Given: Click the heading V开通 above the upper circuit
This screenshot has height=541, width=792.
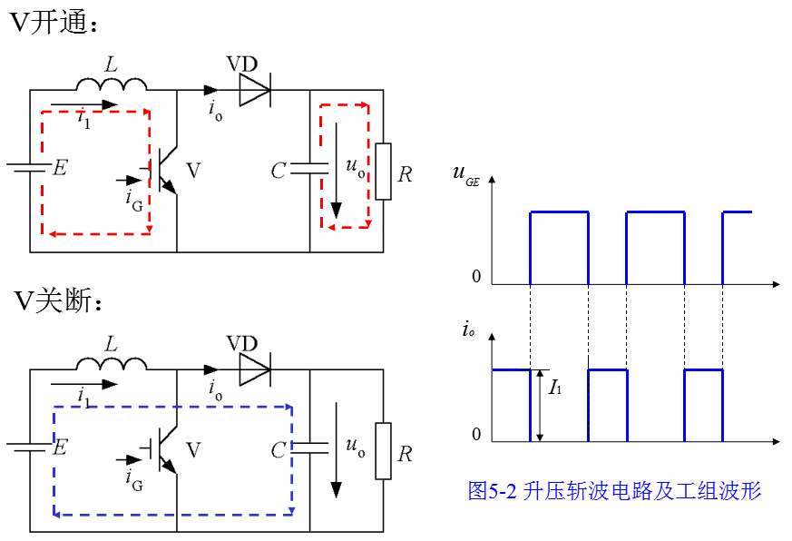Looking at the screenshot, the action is pos(54,23).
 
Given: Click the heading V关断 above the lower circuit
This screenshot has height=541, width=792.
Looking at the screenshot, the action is pos(58,300).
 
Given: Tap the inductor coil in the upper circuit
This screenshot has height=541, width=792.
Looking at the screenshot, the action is pos(112,84).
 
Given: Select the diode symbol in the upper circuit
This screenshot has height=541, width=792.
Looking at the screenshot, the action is pos(255,90).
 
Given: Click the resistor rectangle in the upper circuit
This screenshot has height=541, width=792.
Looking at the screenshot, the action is pos(383,172).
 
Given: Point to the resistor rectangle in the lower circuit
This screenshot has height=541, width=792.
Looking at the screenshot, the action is pos(383,451).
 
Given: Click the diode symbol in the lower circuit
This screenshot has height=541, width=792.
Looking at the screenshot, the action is pos(255,369).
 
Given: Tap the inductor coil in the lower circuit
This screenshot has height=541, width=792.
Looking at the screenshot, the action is pos(112,363).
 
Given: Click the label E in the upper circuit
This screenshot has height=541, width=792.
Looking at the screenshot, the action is pos(60,167).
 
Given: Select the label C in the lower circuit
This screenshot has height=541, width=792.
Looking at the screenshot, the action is pos(279,450).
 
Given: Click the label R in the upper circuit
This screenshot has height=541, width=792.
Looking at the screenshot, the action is pos(405,174).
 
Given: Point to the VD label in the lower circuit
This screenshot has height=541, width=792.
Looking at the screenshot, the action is pos(242,344).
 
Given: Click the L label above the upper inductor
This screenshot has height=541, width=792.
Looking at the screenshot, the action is pos(111,64).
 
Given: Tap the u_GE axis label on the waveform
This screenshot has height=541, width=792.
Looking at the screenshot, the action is pos(465,174).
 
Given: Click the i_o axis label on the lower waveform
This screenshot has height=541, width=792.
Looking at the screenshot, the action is pos(468,330).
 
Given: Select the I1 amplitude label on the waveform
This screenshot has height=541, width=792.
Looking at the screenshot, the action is pos(555,388).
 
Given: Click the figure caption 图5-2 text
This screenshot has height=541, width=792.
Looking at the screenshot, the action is pos(614,490).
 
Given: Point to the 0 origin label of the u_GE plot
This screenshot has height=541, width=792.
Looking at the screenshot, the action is pos(476,277).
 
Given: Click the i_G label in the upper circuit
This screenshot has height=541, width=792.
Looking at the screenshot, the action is pos(134,201).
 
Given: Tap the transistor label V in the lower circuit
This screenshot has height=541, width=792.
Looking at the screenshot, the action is pos(193,449).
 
